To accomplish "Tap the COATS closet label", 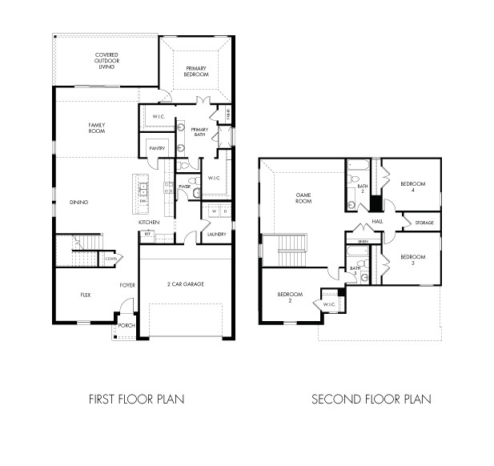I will [x=110, y=258].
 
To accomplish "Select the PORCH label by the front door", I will [x=126, y=326].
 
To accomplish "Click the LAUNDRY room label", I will [x=215, y=234].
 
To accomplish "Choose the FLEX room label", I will [x=86, y=295].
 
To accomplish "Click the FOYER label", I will [x=127, y=285].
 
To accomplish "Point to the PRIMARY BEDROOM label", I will [x=196, y=72].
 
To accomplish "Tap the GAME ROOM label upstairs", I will [x=303, y=198].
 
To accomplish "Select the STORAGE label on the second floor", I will [x=424, y=223].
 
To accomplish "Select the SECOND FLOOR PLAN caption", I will [x=371, y=398].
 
